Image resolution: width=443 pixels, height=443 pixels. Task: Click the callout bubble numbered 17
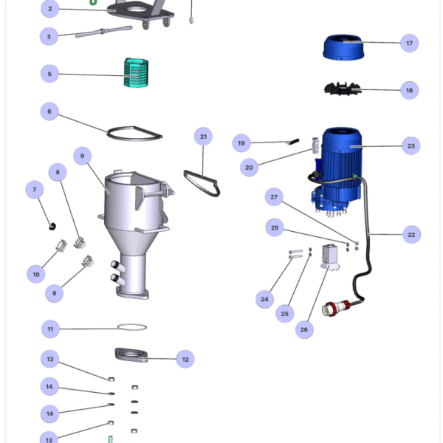409,44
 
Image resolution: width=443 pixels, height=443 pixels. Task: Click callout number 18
409,91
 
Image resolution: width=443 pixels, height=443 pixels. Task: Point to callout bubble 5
49,74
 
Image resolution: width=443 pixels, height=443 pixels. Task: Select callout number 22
411,235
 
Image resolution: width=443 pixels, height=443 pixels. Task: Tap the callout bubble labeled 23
411,145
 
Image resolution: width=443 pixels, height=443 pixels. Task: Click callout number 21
204,136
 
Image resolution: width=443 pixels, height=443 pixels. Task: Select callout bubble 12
185,360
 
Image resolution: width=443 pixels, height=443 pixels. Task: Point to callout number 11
49,329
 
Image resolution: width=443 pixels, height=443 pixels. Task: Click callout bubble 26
303,330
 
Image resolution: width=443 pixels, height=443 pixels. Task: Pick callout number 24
264,300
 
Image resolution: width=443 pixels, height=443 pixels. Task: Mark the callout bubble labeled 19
241,142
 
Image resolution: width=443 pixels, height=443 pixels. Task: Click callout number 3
49,36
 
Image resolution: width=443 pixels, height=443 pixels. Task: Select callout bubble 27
274,197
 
